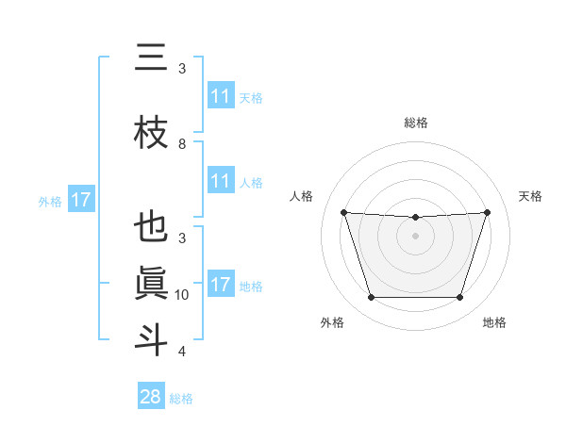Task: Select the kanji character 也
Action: [x=151, y=227]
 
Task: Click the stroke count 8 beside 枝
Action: [x=182, y=144]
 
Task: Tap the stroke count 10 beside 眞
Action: [x=182, y=295]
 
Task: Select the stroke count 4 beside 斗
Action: [x=182, y=352]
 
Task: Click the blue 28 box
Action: [x=151, y=397]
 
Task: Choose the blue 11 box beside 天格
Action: [x=221, y=96]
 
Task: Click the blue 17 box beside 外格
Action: [x=80, y=200]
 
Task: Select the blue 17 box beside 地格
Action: [x=221, y=284]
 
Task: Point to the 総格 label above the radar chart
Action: [x=415, y=123]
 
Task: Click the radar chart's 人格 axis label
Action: [x=302, y=196]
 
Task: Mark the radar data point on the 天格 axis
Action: [x=487, y=212]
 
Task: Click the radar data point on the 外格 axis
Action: [x=371, y=298]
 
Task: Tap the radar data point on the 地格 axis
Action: [x=459, y=298]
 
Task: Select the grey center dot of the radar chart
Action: [x=415, y=236]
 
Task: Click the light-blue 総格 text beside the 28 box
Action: [x=181, y=399]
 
